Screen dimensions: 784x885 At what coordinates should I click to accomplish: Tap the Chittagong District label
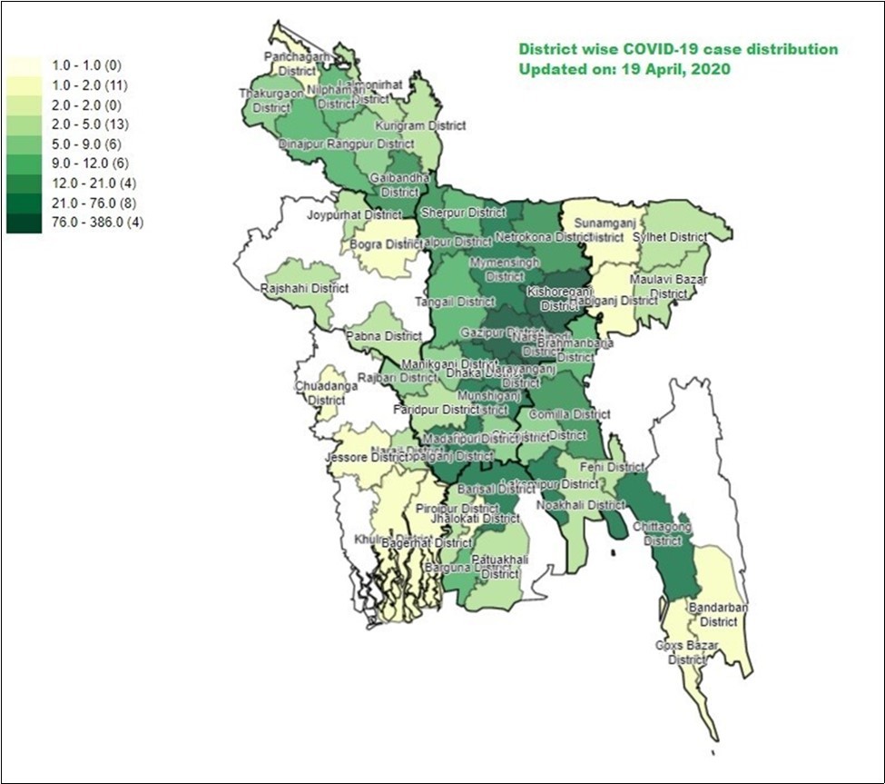[664, 533]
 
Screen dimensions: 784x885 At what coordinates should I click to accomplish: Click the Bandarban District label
[713, 614]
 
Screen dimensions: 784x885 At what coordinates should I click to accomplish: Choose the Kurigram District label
[420, 126]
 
